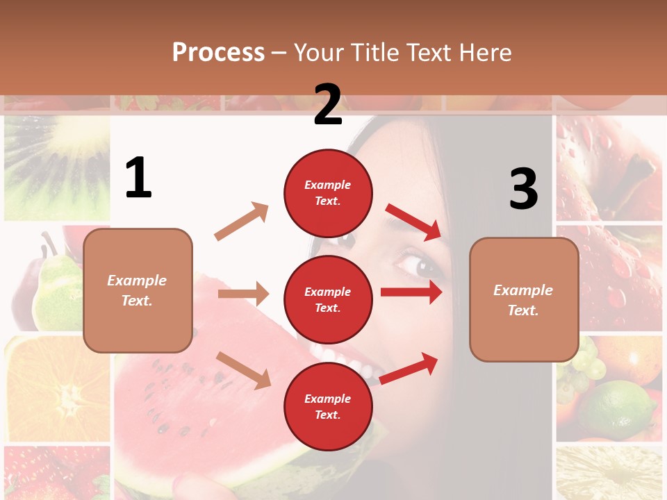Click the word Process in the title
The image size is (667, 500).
[x=218, y=53]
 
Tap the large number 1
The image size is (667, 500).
[x=138, y=178]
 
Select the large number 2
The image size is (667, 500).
[x=328, y=105]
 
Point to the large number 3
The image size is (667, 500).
[x=523, y=189]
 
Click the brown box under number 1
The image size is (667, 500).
[x=138, y=290]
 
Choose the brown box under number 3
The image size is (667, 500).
[x=524, y=300]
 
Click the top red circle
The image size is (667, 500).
[x=328, y=193]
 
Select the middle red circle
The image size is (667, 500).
[x=328, y=300]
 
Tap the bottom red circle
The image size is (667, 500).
[x=328, y=407]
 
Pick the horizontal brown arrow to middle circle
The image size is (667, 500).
[x=243, y=294]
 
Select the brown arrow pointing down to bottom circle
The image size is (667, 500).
[x=243, y=370]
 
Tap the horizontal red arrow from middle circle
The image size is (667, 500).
[x=411, y=292]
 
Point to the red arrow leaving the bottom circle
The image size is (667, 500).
[x=409, y=368]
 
